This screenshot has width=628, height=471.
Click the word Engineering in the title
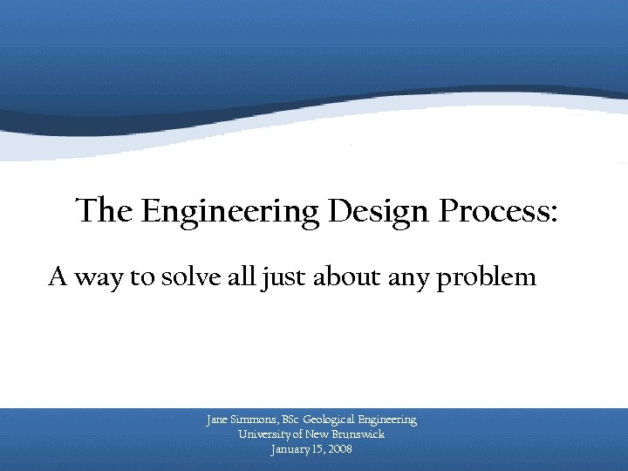(x=230, y=213)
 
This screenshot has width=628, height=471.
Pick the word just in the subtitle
(x=278, y=279)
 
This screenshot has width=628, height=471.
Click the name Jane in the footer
(x=216, y=420)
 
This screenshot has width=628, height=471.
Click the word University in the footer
(x=266, y=434)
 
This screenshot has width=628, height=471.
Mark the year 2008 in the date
(x=341, y=449)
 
